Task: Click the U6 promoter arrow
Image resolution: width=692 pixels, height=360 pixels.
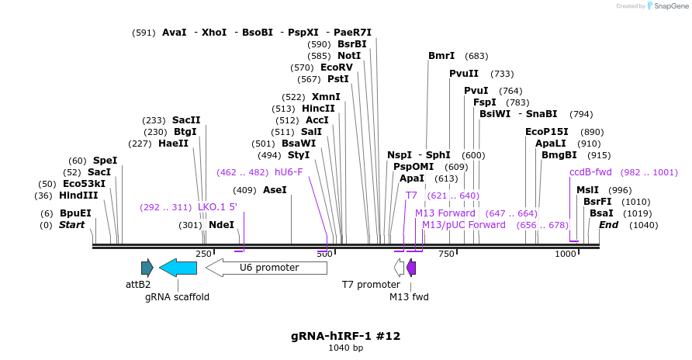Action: point(266,268)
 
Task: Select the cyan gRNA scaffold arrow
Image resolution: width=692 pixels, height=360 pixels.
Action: point(178,268)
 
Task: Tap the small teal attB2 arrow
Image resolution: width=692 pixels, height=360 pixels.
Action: point(147,268)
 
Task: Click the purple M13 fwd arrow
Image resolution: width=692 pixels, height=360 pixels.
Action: point(411,268)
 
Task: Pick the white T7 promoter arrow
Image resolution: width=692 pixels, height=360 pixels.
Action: point(399,268)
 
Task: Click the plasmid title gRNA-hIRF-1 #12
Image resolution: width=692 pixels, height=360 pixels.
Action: point(346,336)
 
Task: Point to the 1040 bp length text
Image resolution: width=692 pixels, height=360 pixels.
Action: point(346,348)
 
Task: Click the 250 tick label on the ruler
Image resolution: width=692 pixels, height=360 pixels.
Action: point(204,254)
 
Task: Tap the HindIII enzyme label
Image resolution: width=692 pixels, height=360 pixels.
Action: point(78,196)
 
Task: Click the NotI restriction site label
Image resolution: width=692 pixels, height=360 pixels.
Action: point(349,56)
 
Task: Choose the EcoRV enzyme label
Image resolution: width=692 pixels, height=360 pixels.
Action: point(337,67)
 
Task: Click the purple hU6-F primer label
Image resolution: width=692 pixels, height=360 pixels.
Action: point(289,172)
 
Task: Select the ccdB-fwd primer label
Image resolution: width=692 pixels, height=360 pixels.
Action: point(590,172)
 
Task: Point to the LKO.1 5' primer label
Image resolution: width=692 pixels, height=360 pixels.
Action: point(217,207)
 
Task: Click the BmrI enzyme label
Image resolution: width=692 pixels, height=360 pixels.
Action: point(441,56)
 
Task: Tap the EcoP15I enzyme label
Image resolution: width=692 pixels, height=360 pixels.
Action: point(547,132)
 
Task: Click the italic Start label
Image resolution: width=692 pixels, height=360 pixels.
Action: point(73,225)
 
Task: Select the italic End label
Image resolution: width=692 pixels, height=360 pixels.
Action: point(609,225)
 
